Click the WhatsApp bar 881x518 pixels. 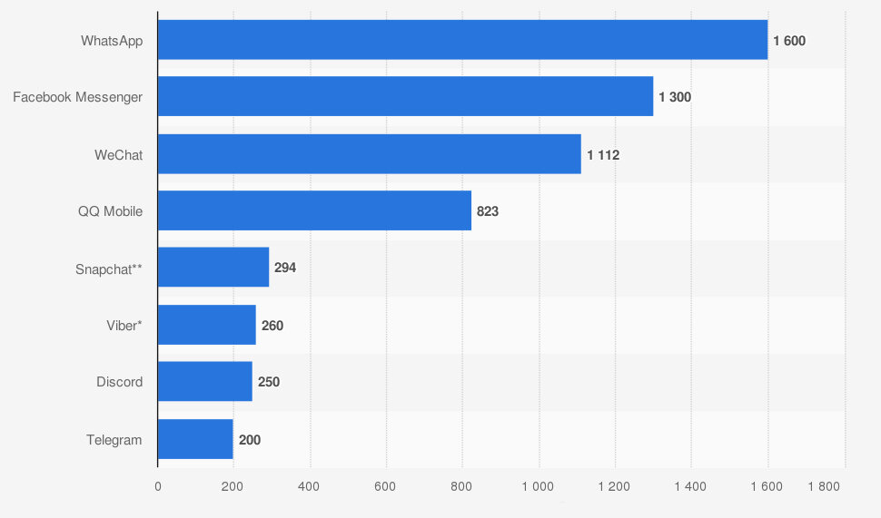click(x=462, y=40)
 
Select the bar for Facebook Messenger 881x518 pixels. click(x=405, y=96)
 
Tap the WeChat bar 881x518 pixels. click(x=369, y=154)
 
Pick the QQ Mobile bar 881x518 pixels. click(x=314, y=210)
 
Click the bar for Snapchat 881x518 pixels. click(x=213, y=268)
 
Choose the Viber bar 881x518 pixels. click(x=206, y=325)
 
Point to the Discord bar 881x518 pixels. click(x=204, y=382)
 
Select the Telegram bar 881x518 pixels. click(x=195, y=439)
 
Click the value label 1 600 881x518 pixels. click(x=789, y=41)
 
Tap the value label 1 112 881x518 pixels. click(x=603, y=155)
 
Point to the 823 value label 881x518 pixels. click(x=488, y=211)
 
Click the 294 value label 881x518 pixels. click(x=285, y=269)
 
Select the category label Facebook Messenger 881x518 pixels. click(x=77, y=97)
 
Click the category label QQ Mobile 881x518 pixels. click(x=110, y=211)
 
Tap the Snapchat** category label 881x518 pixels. click(x=109, y=269)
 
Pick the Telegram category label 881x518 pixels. click(x=114, y=440)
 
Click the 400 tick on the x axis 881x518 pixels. click(x=310, y=486)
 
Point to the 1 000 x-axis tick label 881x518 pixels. click(x=538, y=486)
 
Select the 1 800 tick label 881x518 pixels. click(x=824, y=486)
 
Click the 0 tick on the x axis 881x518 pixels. click(x=158, y=486)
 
